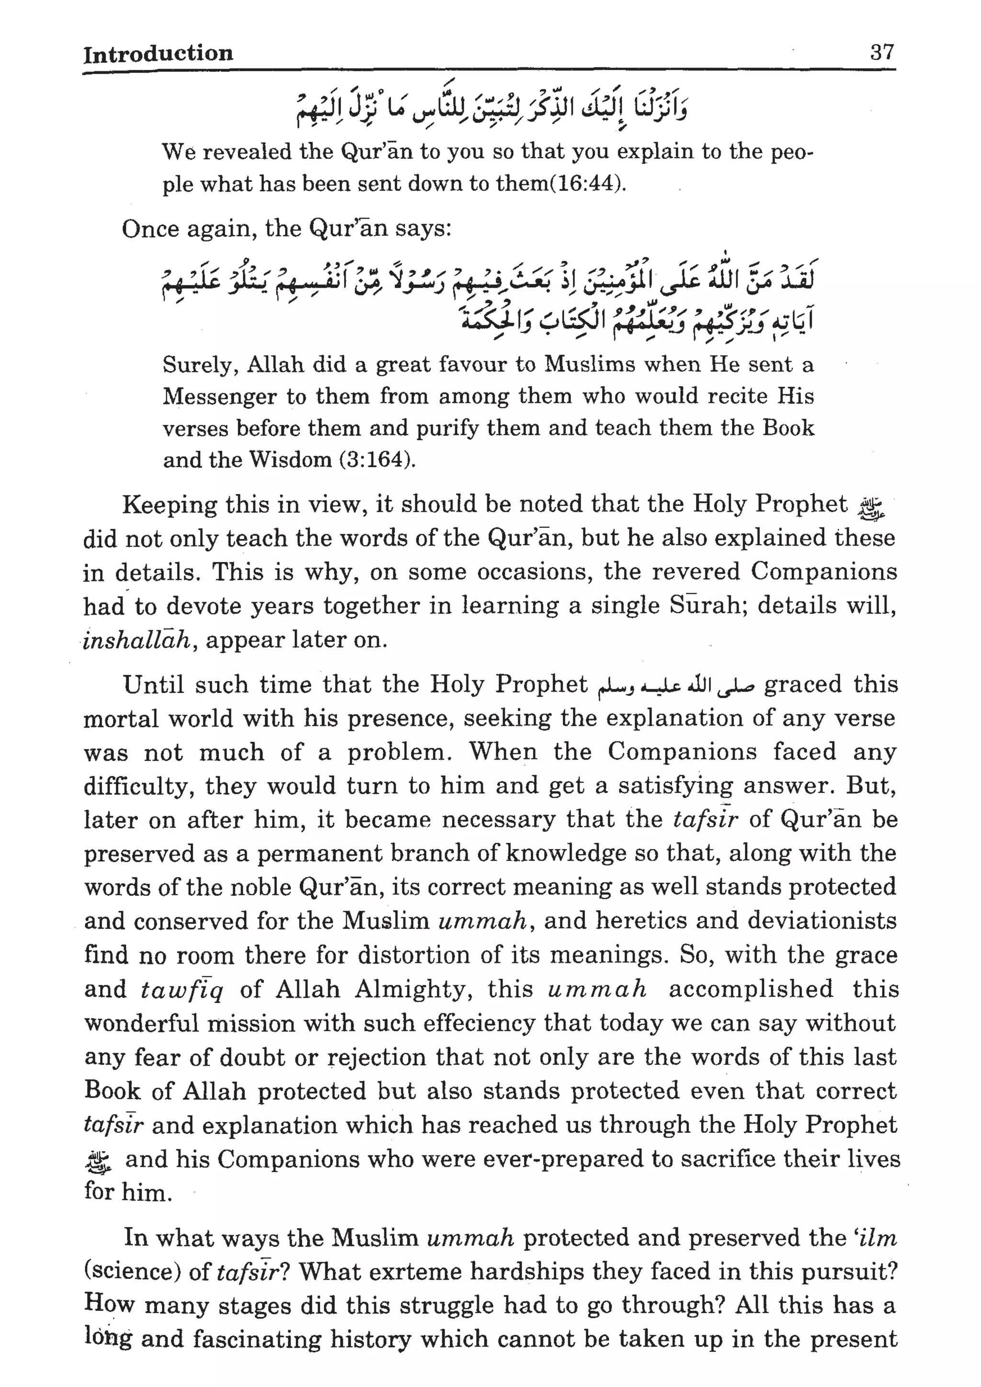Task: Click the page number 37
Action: pos(881,53)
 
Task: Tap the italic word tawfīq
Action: pos(182,989)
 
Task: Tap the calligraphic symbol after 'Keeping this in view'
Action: pos(870,509)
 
